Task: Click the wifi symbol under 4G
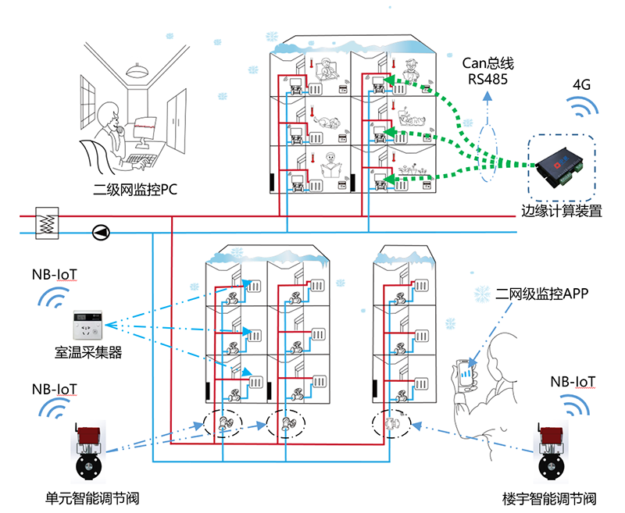581,106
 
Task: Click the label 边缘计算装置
562,210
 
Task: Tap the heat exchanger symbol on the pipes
47,222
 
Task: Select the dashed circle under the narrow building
388,426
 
